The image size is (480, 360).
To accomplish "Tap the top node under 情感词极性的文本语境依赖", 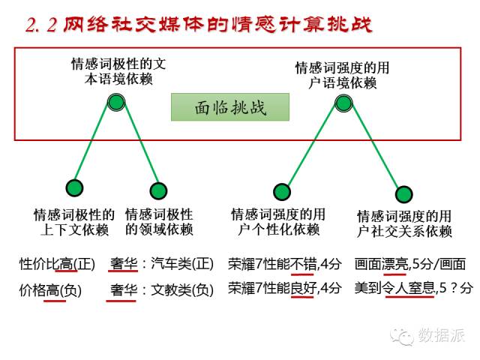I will [115, 102].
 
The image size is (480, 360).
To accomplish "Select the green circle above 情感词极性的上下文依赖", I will [74, 188].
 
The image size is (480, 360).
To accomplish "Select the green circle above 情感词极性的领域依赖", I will [158, 190].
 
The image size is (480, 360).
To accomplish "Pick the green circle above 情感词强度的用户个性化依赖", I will [281, 191].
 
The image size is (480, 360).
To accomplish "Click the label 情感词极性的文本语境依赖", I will [118, 71].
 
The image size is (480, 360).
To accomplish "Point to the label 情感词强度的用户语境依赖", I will [343, 74].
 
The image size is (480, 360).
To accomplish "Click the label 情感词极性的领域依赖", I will [158, 222].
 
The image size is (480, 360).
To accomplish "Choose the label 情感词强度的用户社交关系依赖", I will [404, 223].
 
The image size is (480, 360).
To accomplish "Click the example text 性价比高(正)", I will [57, 264].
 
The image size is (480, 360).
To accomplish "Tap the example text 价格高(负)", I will [50, 288].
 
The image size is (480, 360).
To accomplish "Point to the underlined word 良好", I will [301, 288].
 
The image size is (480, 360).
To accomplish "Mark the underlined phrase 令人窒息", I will [410, 288].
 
